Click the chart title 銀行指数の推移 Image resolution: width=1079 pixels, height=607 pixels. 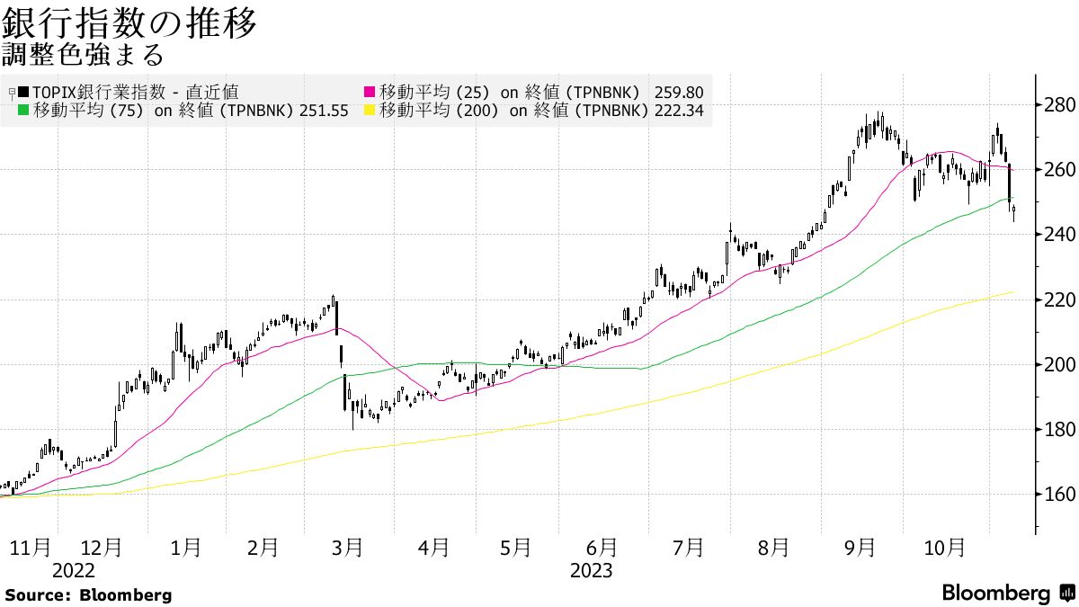coord(129,23)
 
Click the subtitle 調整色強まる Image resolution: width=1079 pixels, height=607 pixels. coord(82,56)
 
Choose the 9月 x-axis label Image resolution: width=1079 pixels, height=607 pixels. coord(861,547)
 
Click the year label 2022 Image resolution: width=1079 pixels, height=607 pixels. coord(74,570)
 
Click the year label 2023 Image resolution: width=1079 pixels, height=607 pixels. coord(591,570)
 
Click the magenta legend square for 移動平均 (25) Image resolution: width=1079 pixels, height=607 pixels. coord(368,92)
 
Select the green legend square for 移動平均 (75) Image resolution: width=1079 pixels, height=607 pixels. coord(23,112)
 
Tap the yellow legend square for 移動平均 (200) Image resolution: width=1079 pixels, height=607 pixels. coord(368,112)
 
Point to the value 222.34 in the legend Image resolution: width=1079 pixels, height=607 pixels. coord(680,112)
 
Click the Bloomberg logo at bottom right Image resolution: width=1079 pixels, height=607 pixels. coord(1007,594)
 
